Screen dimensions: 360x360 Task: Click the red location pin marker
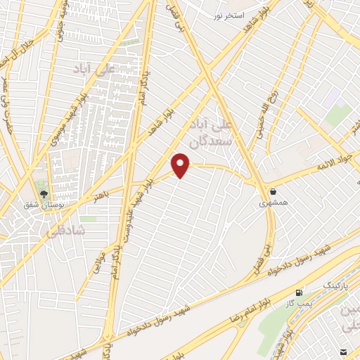181,165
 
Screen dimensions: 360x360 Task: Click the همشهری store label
273,203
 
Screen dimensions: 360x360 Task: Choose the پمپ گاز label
300,302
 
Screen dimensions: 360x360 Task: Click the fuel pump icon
301,291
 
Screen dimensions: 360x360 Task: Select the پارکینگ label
335,285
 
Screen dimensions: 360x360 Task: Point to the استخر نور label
230,15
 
